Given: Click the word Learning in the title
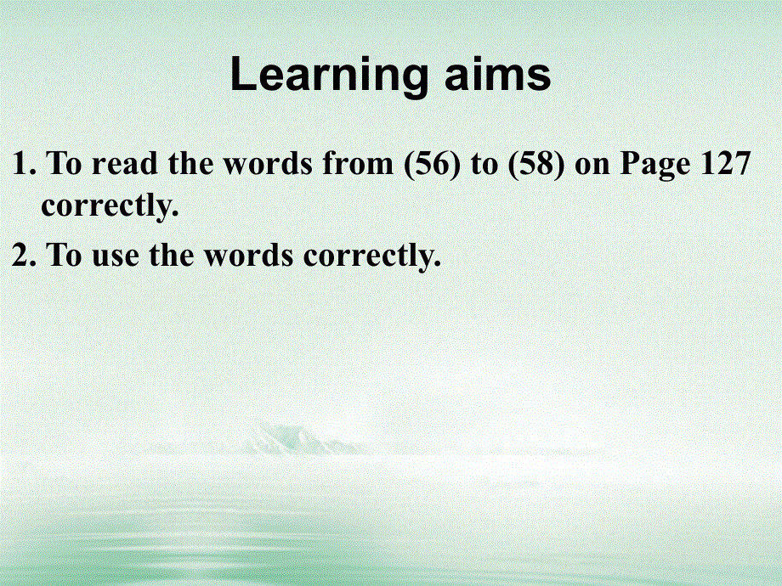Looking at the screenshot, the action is pyautogui.click(x=329, y=75).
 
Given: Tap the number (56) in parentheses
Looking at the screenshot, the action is pyautogui.click(x=432, y=163).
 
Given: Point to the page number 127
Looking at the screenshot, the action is pyautogui.click(x=726, y=162).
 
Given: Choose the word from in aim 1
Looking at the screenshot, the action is pyautogui.click(x=358, y=163).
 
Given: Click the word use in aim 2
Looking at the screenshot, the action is pyautogui.click(x=116, y=256).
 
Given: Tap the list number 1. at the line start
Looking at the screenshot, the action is pyautogui.click(x=24, y=163).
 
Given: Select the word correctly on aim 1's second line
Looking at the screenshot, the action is pyautogui.click(x=110, y=206).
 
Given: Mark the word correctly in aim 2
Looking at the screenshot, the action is pyautogui.click(x=372, y=256).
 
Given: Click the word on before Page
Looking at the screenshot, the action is pyautogui.click(x=592, y=166).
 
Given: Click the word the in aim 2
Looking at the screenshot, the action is pyautogui.click(x=172, y=255).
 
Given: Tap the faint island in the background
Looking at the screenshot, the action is pyautogui.click(x=299, y=438).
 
